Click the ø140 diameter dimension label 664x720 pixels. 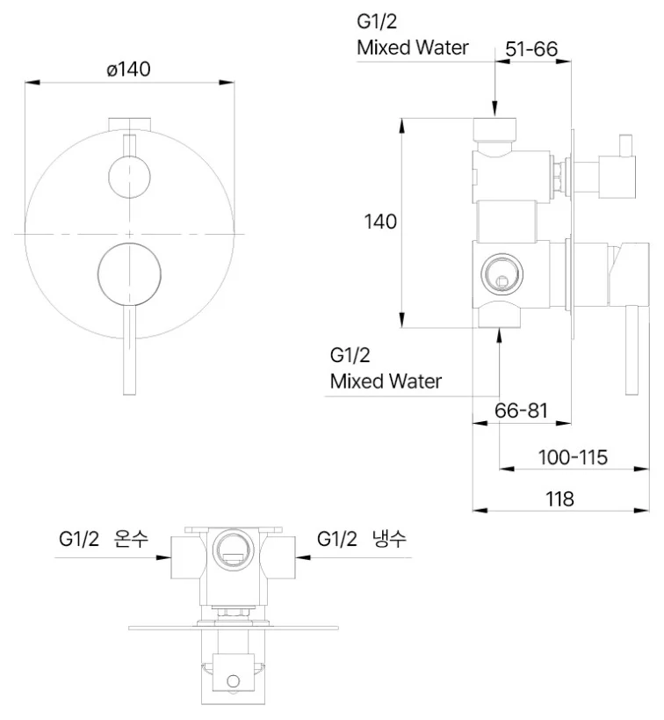(x=128, y=69)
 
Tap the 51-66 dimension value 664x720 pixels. (x=531, y=48)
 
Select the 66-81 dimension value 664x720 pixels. (x=522, y=410)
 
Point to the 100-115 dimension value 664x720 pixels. (x=573, y=457)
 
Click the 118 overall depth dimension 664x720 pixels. (x=559, y=498)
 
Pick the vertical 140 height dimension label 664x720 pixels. (x=380, y=222)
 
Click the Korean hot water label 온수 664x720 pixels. (x=131, y=538)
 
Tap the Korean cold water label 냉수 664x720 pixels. (x=388, y=538)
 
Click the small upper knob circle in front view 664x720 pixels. (x=129, y=177)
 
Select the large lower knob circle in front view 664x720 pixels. (x=129, y=274)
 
